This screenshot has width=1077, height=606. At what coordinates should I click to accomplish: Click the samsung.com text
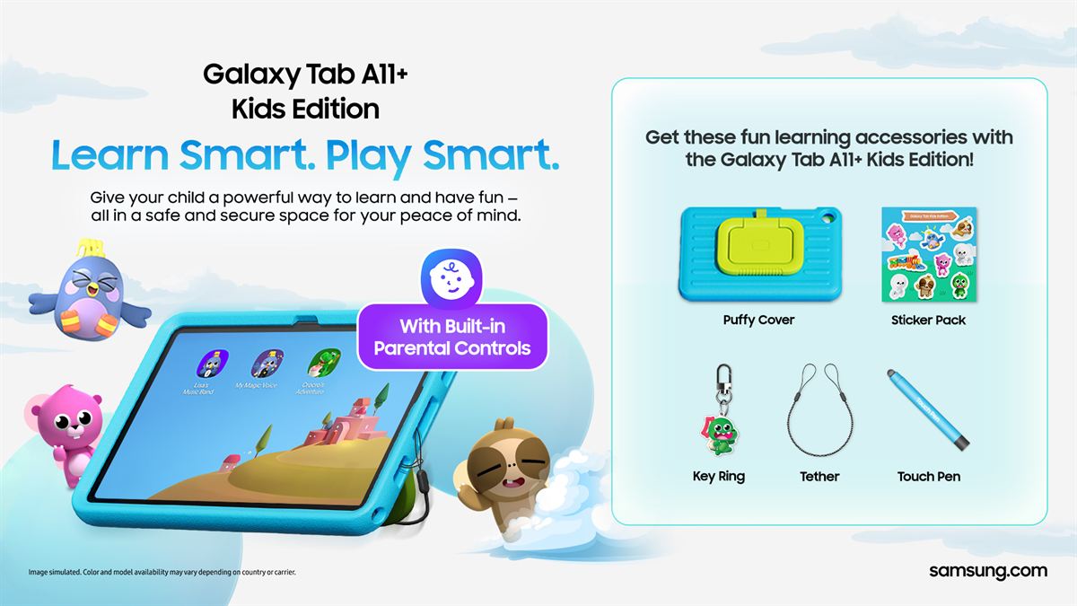coord(987,571)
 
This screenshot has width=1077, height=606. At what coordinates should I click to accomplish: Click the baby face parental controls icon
coord(452,277)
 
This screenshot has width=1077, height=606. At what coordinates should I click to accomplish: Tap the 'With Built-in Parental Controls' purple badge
coord(452,337)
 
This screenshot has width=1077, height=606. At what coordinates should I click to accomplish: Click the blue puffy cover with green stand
coord(758,253)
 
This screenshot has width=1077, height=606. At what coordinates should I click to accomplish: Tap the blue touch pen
coord(928,408)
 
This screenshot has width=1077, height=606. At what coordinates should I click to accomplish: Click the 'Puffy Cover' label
coord(758,320)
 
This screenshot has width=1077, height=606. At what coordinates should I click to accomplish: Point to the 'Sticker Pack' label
coord(928,320)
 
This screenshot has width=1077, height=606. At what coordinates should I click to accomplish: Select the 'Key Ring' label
coord(718,477)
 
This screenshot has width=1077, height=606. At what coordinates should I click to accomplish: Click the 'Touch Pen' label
coord(928,477)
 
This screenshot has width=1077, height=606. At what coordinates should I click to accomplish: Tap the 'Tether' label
coord(819,477)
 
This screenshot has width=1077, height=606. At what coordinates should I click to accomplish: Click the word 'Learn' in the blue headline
coord(110,154)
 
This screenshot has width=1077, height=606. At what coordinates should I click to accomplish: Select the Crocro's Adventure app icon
coord(320,364)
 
